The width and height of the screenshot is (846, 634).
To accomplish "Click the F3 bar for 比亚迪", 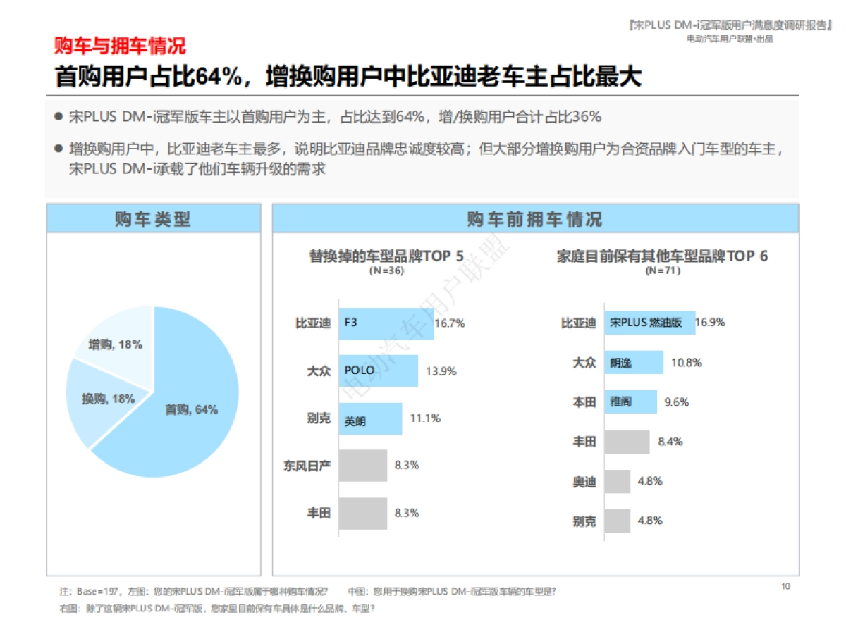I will (x=386, y=323).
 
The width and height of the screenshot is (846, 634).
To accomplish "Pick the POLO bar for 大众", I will (x=378, y=371).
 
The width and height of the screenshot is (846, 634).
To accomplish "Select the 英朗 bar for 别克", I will (x=370, y=418).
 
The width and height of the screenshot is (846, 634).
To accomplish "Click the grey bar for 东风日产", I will (x=363, y=466).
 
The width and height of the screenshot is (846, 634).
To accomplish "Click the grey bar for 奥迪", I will (x=618, y=482).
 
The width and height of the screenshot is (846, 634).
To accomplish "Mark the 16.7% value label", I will (x=450, y=323).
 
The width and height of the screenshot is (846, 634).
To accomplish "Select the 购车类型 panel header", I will (x=153, y=219).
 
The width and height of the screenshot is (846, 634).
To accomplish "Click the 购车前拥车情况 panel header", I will (x=535, y=219).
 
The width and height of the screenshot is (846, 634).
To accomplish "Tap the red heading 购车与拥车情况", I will (x=121, y=46).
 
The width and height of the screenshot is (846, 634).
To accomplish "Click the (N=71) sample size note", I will (x=663, y=271).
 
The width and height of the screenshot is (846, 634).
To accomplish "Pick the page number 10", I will (x=786, y=586).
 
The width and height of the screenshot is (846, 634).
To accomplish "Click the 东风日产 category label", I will (x=307, y=466).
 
